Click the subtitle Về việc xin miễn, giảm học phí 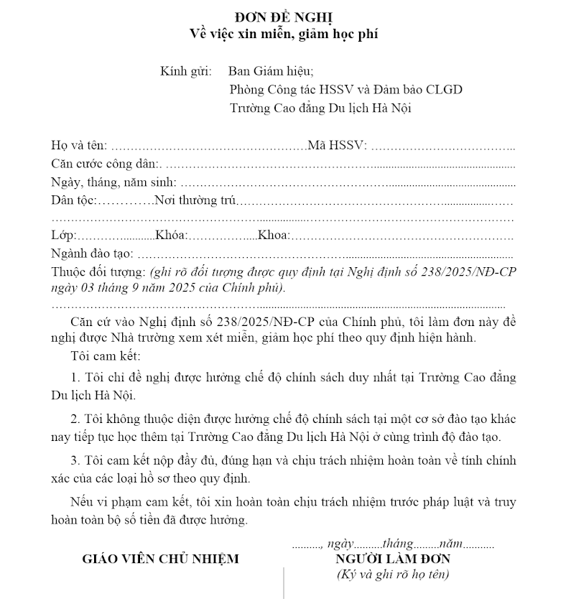(x=284, y=33)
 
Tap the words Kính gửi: (x=186, y=71)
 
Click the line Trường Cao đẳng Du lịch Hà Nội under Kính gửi (x=320, y=108)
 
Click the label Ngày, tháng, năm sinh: (x=113, y=182)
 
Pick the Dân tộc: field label (x=73, y=200)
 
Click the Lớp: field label (x=63, y=236)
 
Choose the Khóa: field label (x=171, y=236)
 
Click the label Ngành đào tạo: (x=93, y=254)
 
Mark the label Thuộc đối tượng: (x=98, y=271)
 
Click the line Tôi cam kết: (x=106, y=356)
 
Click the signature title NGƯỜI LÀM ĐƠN (x=392, y=559)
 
